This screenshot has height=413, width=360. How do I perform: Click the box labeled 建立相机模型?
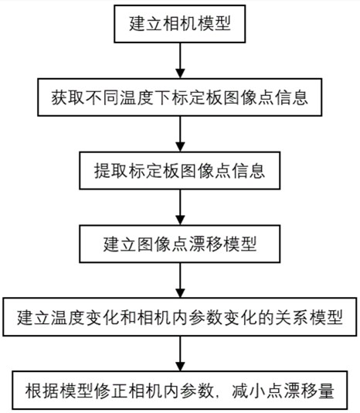coord(179,25)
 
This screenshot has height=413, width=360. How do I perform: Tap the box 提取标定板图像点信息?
coord(179,169)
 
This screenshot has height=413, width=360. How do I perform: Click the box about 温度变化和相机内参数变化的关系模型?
coord(179,316)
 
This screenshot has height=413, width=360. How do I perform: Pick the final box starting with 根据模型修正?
coord(179,389)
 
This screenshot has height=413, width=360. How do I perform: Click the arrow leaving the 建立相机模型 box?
coord(179,60)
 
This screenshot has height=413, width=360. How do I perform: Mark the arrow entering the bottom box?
coord(179,353)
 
